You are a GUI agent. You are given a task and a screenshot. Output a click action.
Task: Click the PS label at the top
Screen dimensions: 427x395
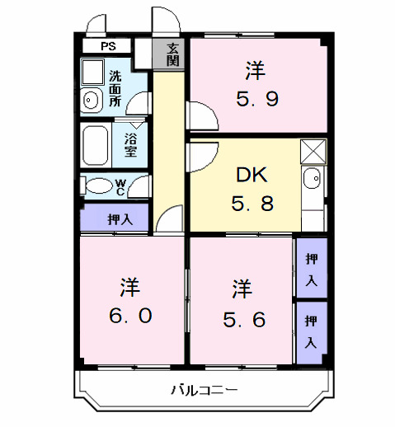(x=109, y=47)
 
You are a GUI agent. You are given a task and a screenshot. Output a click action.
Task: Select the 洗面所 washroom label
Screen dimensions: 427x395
(x=115, y=90)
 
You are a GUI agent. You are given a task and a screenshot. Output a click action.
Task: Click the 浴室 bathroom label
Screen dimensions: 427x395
(x=130, y=145)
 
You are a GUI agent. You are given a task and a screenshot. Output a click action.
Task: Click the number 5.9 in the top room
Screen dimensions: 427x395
(x=259, y=100)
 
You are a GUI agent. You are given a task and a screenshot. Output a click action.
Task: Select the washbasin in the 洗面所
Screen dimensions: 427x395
(x=92, y=101)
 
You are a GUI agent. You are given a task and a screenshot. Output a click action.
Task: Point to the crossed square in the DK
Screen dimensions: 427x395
(x=313, y=151)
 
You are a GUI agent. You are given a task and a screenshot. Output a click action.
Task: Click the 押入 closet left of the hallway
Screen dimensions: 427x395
(x=115, y=219)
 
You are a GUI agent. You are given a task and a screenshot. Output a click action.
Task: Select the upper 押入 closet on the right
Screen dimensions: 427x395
(x=311, y=268)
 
